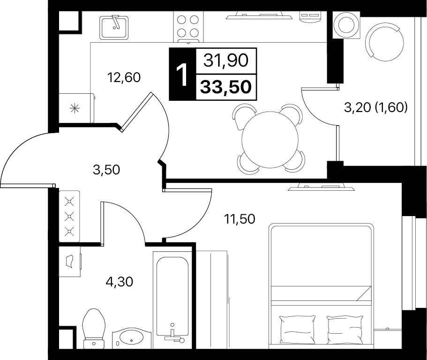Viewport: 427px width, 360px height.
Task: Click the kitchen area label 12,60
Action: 124,78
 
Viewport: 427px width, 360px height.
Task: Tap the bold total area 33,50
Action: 226,87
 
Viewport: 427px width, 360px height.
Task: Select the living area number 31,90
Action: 226,60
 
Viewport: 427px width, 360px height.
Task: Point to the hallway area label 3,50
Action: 106,170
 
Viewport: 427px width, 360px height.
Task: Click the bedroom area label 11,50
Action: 240,218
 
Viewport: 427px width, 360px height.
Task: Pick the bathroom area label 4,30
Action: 119,282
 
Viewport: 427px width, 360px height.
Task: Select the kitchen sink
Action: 114,27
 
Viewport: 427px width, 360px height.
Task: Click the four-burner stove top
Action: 188,27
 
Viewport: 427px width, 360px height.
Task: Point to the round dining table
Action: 270,139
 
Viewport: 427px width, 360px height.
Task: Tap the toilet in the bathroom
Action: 94,328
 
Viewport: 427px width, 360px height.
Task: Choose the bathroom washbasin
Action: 132,338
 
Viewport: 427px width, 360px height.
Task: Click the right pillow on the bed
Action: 345,330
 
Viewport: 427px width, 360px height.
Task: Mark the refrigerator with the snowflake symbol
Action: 76,108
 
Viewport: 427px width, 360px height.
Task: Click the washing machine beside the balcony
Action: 346,25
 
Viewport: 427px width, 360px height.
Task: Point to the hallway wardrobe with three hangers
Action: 69,216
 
